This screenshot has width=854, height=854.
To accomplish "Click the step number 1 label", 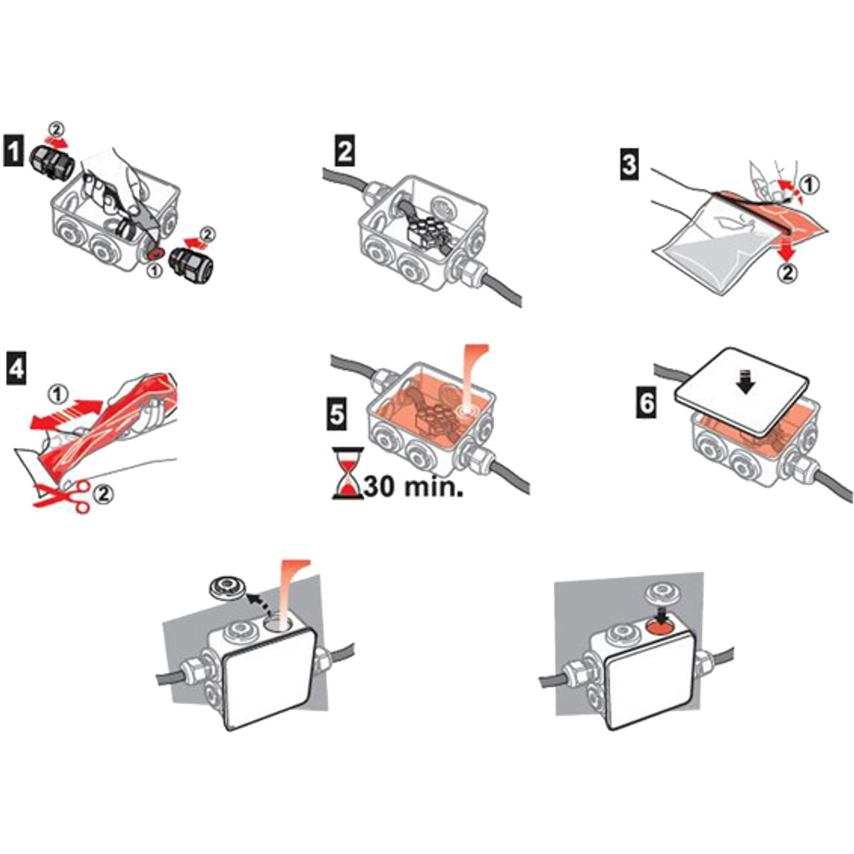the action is (x=14, y=151).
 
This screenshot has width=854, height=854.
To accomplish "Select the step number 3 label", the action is (x=629, y=164).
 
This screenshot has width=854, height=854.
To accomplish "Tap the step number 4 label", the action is (x=15, y=368).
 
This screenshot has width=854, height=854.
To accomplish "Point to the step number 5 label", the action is (x=337, y=413).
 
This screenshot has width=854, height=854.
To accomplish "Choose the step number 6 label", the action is (x=646, y=404).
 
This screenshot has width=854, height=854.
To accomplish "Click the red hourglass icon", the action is (x=348, y=473).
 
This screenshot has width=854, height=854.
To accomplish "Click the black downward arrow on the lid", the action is (x=745, y=382).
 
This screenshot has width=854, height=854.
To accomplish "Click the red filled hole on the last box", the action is (x=661, y=629).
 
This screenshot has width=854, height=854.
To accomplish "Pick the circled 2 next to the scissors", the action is (x=103, y=494).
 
